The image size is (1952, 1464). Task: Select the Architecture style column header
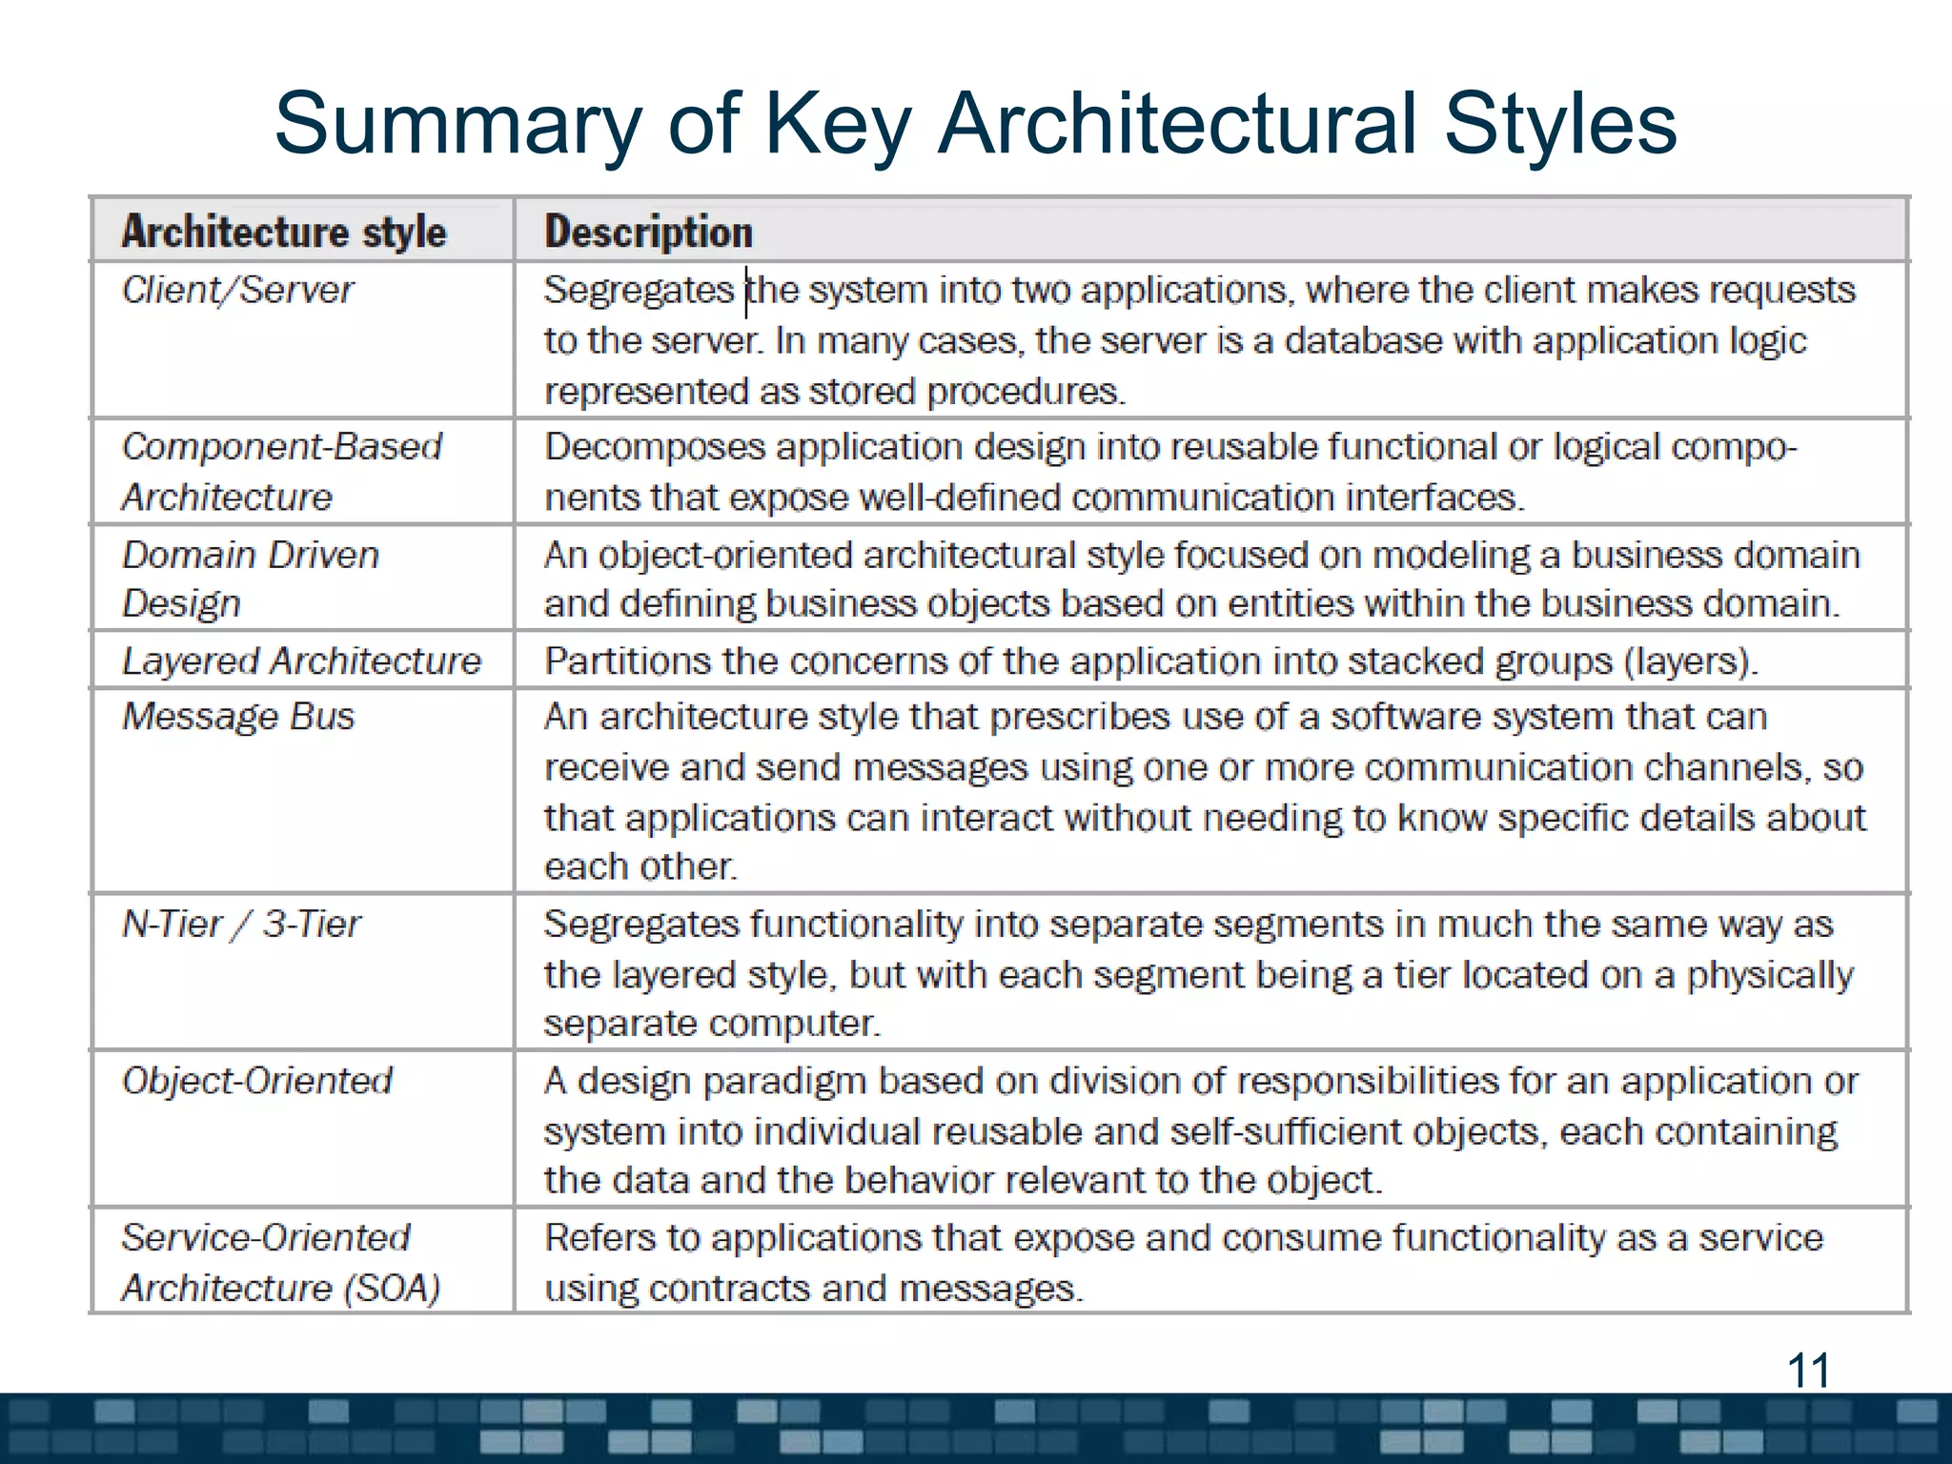point(284,233)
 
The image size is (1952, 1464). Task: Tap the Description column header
point(648,233)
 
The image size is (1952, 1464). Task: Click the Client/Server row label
point(237,290)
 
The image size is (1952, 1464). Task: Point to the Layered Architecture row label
point(301,661)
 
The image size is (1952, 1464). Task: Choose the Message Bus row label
point(238,717)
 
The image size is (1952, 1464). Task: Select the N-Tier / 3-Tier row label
point(241,924)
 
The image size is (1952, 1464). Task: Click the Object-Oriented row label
point(257,1081)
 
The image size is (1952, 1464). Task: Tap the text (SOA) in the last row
point(393,1289)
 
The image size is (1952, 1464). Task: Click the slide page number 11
point(1808,1371)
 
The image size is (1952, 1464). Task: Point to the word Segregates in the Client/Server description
point(639,290)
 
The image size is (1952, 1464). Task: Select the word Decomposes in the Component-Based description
point(655,447)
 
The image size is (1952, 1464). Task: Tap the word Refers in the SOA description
point(600,1238)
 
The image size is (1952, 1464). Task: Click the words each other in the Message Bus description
point(640,866)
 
